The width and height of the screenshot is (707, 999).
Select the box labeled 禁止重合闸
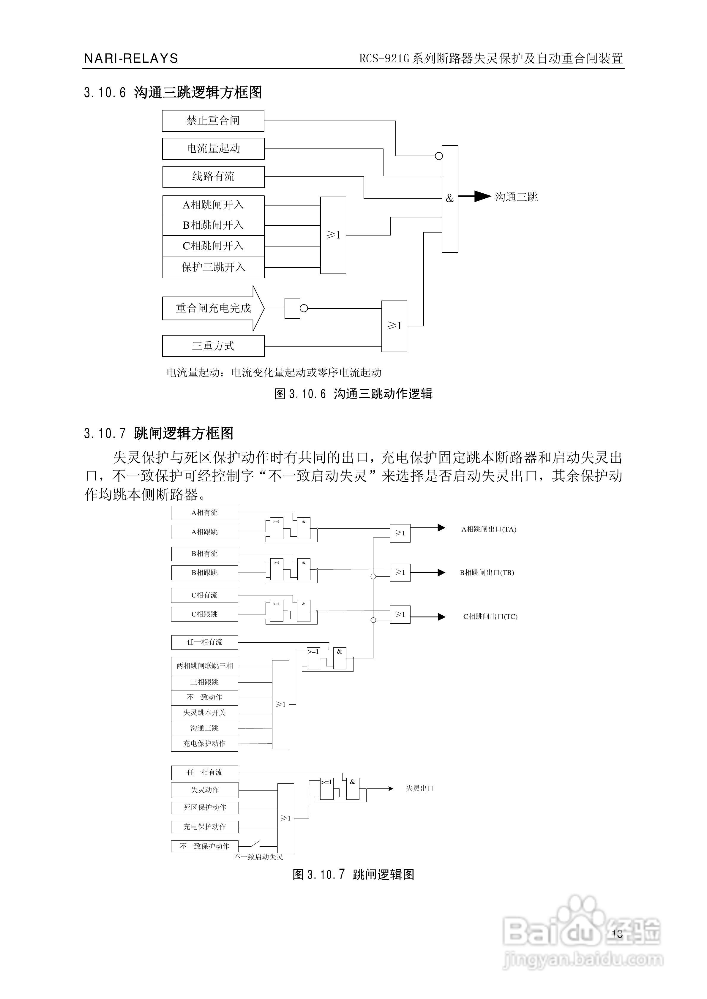click(213, 121)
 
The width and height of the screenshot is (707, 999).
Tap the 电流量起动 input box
click(213, 149)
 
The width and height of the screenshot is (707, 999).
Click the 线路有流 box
click(213, 177)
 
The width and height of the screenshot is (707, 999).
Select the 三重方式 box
click(213, 346)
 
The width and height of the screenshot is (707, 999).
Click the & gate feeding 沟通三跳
click(450, 199)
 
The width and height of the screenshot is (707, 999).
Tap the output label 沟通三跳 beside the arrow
click(516, 197)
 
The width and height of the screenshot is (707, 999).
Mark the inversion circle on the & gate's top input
click(439, 156)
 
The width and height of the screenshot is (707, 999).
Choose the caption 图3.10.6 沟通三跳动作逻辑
click(353, 394)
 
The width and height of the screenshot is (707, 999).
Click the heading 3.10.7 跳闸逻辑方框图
click(159, 433)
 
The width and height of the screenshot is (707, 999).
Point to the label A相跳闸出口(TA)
click(488, 529)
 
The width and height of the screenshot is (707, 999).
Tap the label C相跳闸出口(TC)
click(490, 616)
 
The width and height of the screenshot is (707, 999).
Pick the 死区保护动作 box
click(205, 807)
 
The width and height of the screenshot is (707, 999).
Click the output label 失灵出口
click(420, 788)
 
